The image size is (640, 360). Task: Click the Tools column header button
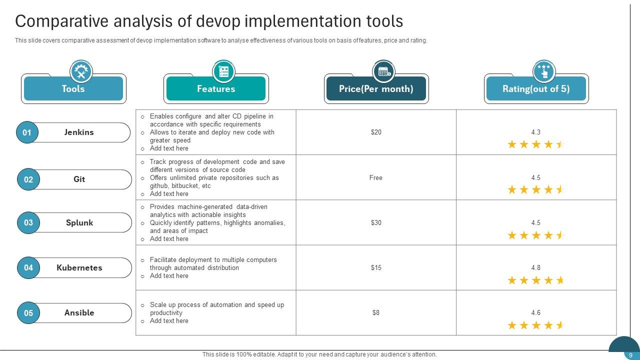(x=73, y=89)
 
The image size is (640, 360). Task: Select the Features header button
(x=216, y=89)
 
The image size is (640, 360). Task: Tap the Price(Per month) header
(x=376, y=89)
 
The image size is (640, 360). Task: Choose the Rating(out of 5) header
(x=536, y=89)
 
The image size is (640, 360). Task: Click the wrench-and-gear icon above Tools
(x=81, y=71)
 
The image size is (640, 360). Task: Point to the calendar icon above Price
(x=383, y=71)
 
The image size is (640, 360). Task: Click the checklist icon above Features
(x=223, y=71)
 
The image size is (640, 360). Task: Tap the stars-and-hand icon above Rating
(x=543, y=71)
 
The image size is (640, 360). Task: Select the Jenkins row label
(x=79, y=132)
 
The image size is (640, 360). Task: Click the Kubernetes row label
(x=79, y=267)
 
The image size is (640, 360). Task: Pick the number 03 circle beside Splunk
(x=28, y=223)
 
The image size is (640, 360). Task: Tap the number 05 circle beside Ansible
(x=28, y=313)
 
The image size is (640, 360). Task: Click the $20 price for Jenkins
(x=376, y=132)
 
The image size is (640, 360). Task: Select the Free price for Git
(x=376, y=177)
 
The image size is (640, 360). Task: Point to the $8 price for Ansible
(x=376, y=312)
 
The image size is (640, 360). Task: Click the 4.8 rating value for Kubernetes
(x=536, y=267)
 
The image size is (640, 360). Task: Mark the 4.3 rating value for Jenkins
(x=536, y=132)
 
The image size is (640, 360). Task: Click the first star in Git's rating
(x=512, y=189)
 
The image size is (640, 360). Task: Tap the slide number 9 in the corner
(x=630, y=355)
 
